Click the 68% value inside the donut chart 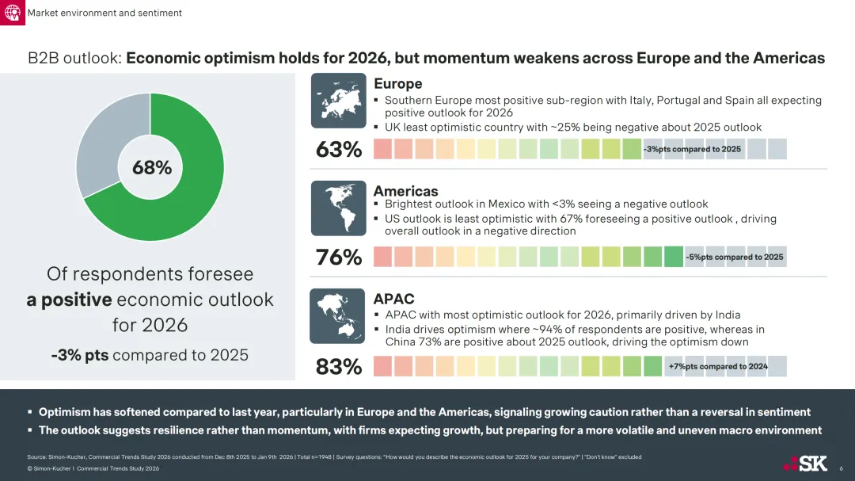click(x=151, y=167)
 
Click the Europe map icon click(x=338, y=101)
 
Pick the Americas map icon click(x=338, y=208)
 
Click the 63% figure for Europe click(x=338, y=149)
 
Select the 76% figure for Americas click(x=338, y=258)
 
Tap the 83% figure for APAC click(x=338, y=367)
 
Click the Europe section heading click(x=397, y=84)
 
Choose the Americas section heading click(x=405, y=191)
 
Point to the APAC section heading click(x=393, y=299)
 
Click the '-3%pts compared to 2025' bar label click(x=692, y=149)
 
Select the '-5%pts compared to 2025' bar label click(x=735, y=257)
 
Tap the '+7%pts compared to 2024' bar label click(x=718, y=366)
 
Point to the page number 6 click(x=841, y=469)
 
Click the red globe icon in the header click(x=13, y=13)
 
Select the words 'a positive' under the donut click(x=68, y=300)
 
